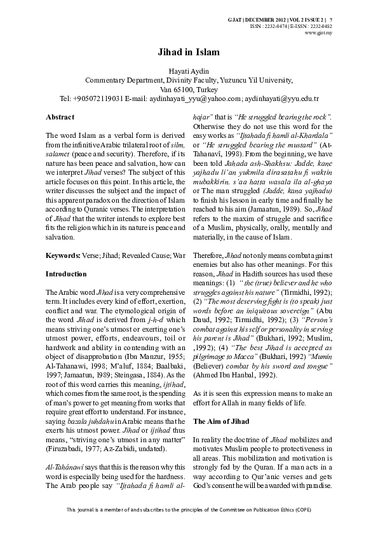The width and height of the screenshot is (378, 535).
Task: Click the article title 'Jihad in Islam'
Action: (189, 54)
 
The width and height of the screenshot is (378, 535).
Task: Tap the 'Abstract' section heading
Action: (60, 118)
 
